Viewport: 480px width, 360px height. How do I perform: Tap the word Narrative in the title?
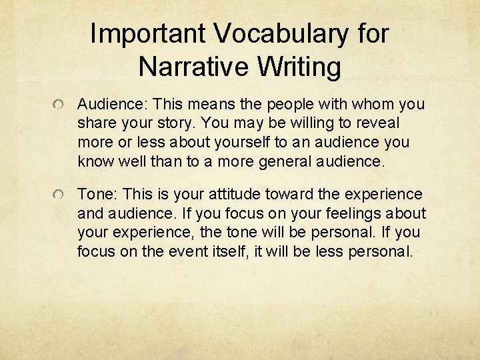(193, 67)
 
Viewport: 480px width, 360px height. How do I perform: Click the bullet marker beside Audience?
(60, 105)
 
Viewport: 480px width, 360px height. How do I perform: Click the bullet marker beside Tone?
(60, 195)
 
